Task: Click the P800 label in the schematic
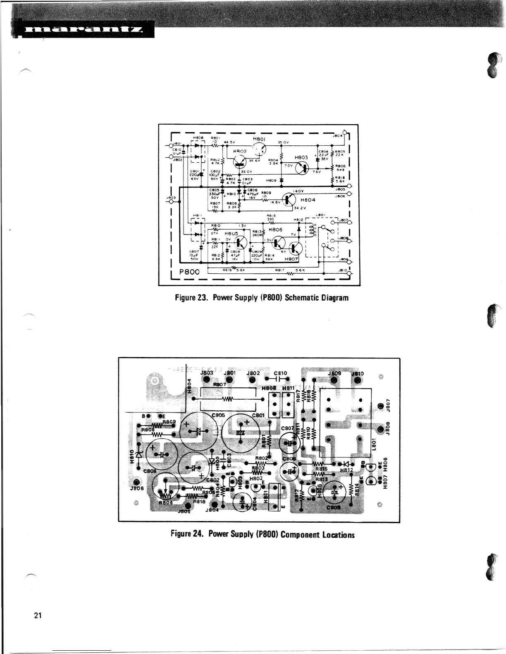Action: tap(189, 272)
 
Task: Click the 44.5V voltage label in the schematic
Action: tap(229, 142)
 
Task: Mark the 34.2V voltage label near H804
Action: tap(301, 207)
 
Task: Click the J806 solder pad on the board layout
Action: tap(137, 483)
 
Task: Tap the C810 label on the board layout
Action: tap(280, 373)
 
